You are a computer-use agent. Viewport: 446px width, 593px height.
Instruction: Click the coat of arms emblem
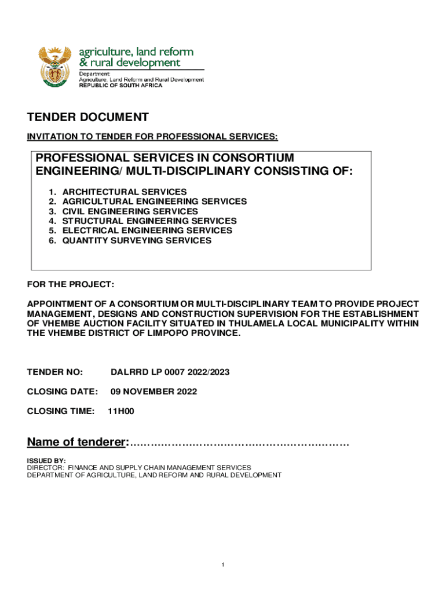coord(55,67)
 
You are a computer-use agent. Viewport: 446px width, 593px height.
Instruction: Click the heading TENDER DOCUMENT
coord(88,118)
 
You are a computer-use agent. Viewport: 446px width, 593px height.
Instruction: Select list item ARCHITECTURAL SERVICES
coord(124,192)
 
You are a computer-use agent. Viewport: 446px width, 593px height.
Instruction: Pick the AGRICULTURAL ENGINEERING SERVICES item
coord(154,202)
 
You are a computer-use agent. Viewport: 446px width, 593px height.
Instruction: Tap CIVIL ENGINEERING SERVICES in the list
coord(130,211)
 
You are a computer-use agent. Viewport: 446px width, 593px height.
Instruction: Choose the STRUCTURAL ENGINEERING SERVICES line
coord(149,221)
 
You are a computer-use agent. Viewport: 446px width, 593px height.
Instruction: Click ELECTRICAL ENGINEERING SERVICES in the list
coord(147,230)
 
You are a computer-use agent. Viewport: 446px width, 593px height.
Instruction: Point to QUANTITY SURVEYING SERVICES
coord(137,240)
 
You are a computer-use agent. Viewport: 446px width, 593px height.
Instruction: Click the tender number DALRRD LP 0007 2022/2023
coord(170,372)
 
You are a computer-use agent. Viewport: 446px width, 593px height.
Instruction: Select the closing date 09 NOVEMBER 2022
coord(153,391)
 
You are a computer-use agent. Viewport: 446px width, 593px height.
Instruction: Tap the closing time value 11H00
coord(121,411)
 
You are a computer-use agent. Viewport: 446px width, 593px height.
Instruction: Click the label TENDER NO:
coord(55,372)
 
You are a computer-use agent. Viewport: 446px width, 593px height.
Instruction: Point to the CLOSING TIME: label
coord(61,411)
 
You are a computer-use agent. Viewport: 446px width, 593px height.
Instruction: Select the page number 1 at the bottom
coord(222,565)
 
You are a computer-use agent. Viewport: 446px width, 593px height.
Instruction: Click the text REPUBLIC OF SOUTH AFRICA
coord(120,85)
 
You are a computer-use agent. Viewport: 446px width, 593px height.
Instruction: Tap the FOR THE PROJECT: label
coord(71,285)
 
